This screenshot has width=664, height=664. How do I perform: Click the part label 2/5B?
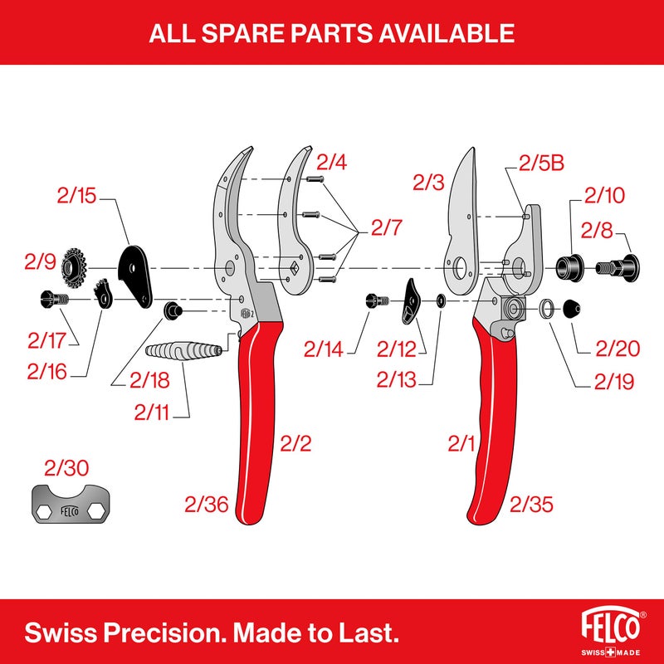pyautogui.click(x=541, y=163)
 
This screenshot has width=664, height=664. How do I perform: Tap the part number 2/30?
pyautogui.click(x=65, y=468)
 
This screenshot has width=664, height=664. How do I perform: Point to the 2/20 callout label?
pyautogui.click(x=618, y=348)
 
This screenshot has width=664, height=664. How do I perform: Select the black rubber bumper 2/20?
pyautogui.click(x=572, y=309)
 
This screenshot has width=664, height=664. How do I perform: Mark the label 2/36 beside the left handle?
pyautogui.click(x=206, y=504)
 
